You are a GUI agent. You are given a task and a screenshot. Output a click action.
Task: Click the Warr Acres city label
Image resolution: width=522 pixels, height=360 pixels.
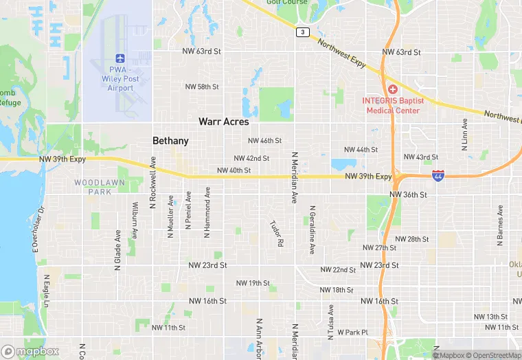pyautogui.click(x=223, y=122)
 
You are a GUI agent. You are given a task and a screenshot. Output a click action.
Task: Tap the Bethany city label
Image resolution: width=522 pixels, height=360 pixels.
pyautogui.click(x=170, y=141)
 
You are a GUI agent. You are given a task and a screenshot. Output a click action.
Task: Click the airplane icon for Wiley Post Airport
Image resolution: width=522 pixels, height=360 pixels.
pyautogui.click(x=120, y=58)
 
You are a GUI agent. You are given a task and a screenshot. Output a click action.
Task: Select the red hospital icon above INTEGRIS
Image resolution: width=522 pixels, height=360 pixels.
pyautogui.click(x=393, y=90)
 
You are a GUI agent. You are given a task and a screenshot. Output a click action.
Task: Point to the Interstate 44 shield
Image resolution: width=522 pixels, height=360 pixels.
pyautogui.click(x=438, y=177)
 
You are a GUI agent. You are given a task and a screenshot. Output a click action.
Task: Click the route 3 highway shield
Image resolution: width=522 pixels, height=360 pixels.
pyautogui.click(x=302, y=32)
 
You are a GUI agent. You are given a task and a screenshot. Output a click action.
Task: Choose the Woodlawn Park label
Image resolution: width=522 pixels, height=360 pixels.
pyautogui.click(x=93, y=187)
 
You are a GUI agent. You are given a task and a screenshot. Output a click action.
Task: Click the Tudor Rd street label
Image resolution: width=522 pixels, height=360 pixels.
pyautogui.click(x=277, y=234)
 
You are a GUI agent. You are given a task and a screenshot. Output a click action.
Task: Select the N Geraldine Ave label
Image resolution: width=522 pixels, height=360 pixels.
pyautogui.click(x=313, y=230)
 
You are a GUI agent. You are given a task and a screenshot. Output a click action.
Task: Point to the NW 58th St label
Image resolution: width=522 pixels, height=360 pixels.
pyautogui.click(x=201, y=87)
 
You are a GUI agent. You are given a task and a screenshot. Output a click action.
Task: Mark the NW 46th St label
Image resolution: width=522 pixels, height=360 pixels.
pyautogui.click(x=264, y=141)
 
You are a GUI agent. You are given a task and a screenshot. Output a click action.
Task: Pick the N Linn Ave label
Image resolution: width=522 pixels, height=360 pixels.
pyautogui.click(x=464, y=135)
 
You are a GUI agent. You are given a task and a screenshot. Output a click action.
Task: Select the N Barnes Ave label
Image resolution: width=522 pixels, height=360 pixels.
pyautogui.click(x=500, y=224)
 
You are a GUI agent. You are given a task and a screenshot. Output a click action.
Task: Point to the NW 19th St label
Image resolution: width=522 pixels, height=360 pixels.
pyautogui.click(x=253, y=283)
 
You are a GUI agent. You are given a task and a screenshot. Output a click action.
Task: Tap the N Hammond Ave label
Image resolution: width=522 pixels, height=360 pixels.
pyautogui.click(x=207, y=214)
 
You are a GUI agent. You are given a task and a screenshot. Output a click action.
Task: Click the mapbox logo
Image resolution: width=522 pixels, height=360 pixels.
pyautogui.click(x=30, y=351)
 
